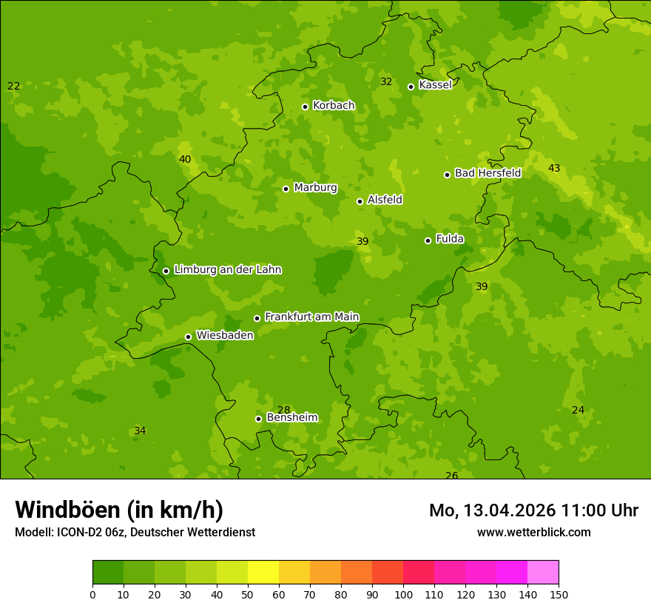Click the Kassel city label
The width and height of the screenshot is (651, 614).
[435, 85]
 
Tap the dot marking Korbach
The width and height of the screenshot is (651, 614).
[305, 107]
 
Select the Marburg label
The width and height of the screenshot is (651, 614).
[315, 188]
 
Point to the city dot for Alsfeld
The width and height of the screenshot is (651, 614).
[360, 201]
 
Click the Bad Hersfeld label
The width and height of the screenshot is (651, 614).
[488, 173]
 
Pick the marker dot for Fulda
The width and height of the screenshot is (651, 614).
[428, 240]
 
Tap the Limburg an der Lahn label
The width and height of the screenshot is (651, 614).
[227, 270]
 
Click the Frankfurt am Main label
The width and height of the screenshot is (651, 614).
[311, 317]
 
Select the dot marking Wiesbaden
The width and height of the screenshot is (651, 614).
[188, 337]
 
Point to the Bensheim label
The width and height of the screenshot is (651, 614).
[292, 418]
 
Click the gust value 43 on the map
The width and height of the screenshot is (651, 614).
[554, 169]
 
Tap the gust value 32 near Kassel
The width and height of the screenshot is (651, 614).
[386, 82]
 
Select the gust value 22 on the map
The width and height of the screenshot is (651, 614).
[14, 87]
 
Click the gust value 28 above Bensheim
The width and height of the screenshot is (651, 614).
[284, 410]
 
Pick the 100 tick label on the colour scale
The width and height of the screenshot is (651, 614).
[403, 594]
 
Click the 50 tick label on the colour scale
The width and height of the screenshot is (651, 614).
[248, 594]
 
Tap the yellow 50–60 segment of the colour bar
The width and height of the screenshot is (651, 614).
[263, 573]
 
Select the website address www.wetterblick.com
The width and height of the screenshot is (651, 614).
[533, 533]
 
